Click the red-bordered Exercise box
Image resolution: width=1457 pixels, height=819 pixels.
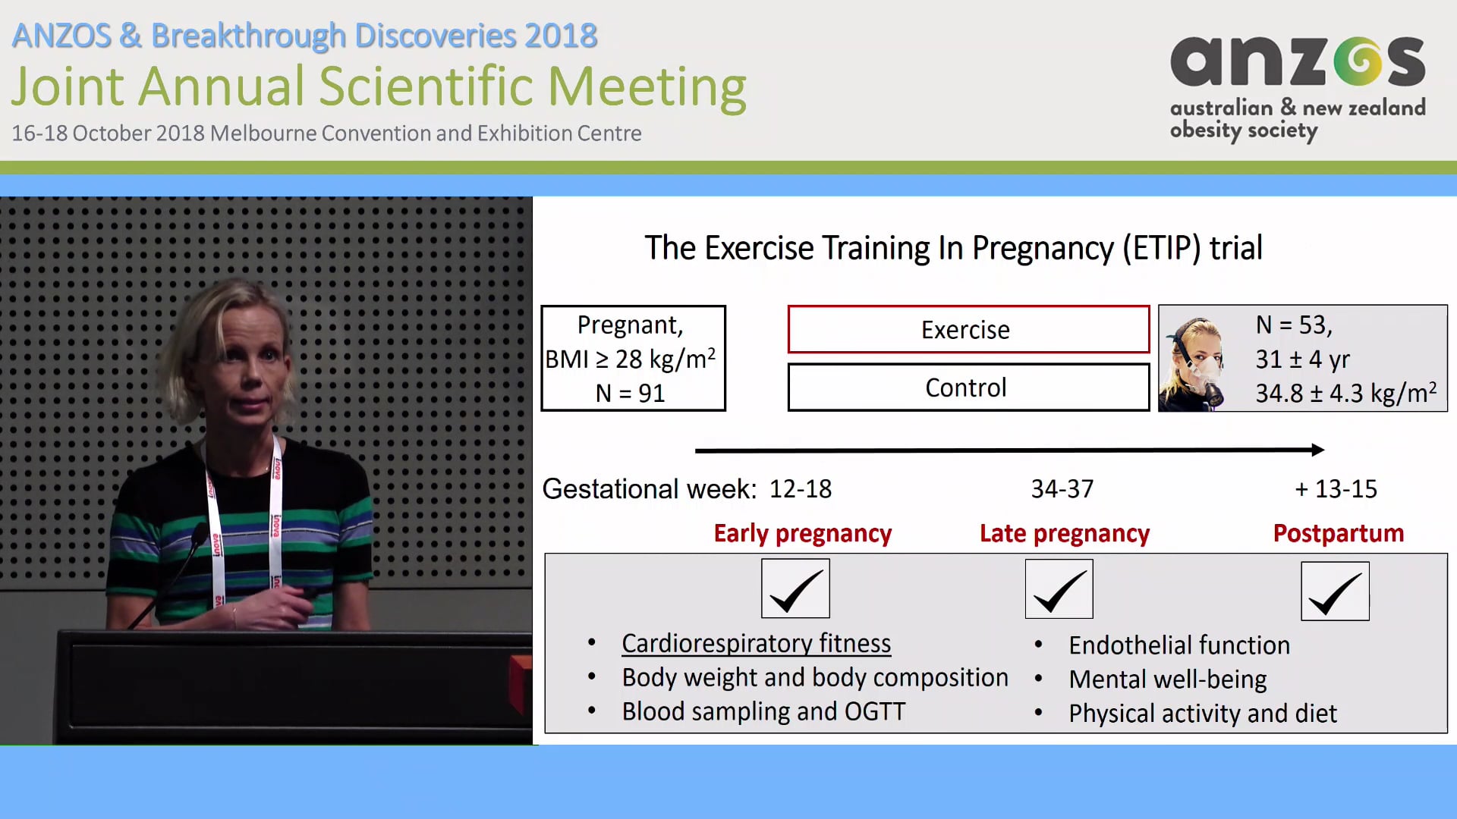(968, 330)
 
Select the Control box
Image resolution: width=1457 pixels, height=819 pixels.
(968, 388)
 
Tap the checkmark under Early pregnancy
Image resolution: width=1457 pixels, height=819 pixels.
(795, 589)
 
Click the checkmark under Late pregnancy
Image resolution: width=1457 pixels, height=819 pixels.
(1059, 589)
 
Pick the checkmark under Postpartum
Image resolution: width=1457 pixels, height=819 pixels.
(1335, 591)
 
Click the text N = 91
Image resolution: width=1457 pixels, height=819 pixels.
(630, 394)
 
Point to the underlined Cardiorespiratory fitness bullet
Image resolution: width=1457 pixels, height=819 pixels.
(756, 644)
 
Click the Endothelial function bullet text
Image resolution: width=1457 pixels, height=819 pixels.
(1179, 645)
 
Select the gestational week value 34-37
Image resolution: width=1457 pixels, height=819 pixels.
(1062, 489)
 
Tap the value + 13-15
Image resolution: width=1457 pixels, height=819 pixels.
(1336, 489)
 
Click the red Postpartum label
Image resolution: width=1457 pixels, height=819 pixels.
(1338, 533)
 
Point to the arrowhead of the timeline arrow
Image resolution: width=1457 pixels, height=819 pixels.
(1318, 450)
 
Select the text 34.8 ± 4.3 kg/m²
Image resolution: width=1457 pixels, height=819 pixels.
(1345, 394)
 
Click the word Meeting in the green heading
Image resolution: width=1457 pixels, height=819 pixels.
(647, 86)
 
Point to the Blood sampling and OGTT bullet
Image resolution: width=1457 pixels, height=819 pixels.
(763, 712)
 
